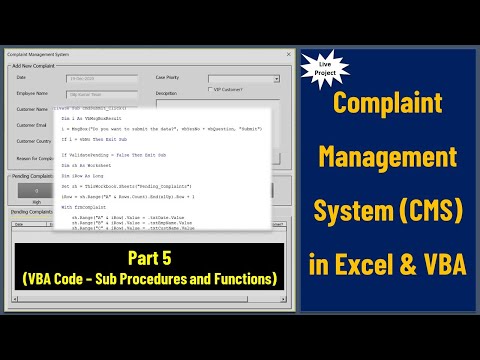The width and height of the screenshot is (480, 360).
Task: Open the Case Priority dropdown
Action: (276, 78)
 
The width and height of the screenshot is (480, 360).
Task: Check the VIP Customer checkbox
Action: (205, 90)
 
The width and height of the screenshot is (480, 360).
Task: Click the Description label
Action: (166, 93)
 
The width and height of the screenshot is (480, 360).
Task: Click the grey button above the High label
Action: (36, 188)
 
